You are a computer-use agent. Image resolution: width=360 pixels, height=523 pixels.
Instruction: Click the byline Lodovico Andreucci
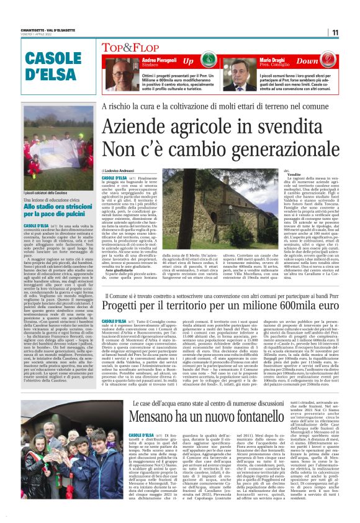coord(122,170)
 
